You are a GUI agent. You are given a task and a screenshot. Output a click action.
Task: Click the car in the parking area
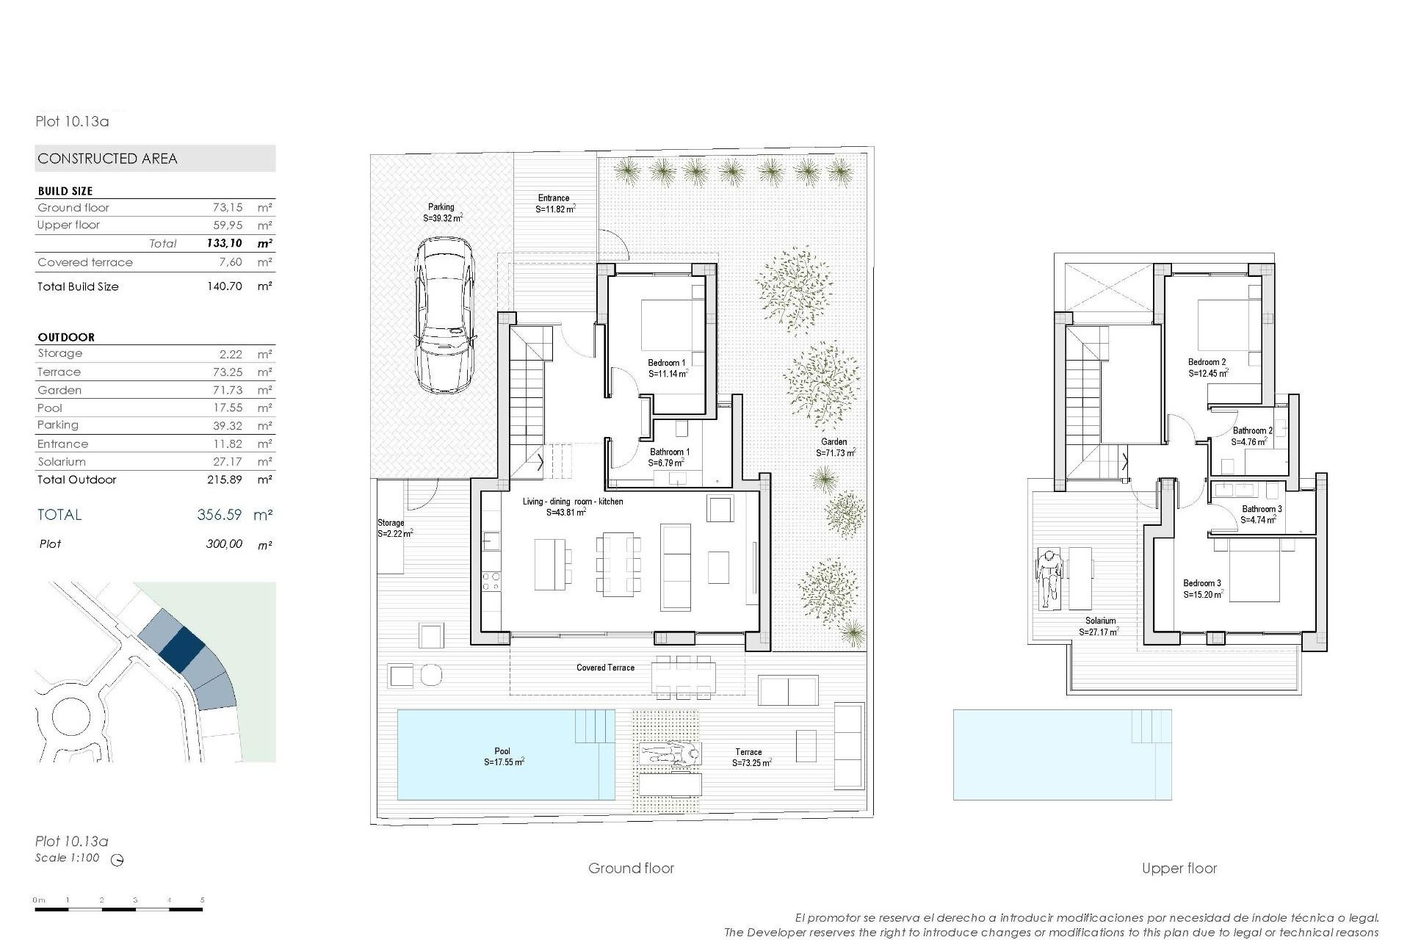[x=444, y=315]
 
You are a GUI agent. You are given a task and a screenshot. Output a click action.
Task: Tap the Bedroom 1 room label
[x=667, y=363]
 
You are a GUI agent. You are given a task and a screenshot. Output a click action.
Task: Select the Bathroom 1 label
[x=669, y=452]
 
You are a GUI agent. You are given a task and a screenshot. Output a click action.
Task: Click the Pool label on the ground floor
[x=502, y=751]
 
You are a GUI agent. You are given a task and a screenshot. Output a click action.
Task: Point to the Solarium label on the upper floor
[x=1099, y=621]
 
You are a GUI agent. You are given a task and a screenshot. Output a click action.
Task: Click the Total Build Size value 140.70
[x=225, y=286]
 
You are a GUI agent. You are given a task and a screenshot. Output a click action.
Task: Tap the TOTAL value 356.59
[x=219, y=515]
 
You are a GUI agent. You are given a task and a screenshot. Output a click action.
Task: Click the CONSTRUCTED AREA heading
[x=108, y=159]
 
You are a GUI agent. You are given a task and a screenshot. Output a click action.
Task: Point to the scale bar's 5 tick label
[x=202, y=900]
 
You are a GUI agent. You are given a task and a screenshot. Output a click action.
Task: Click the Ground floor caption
[x=631, y=868]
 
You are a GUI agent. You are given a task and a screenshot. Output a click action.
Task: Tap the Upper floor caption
[x=1179, y=868]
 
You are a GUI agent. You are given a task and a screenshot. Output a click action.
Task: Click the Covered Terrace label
[x=605, y=668]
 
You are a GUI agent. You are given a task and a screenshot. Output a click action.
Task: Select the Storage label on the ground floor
[x=391, y=523]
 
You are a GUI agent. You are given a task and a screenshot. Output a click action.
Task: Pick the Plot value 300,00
[x=225, y=544]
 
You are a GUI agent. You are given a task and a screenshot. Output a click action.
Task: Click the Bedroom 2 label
[x=1207, y=362]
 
